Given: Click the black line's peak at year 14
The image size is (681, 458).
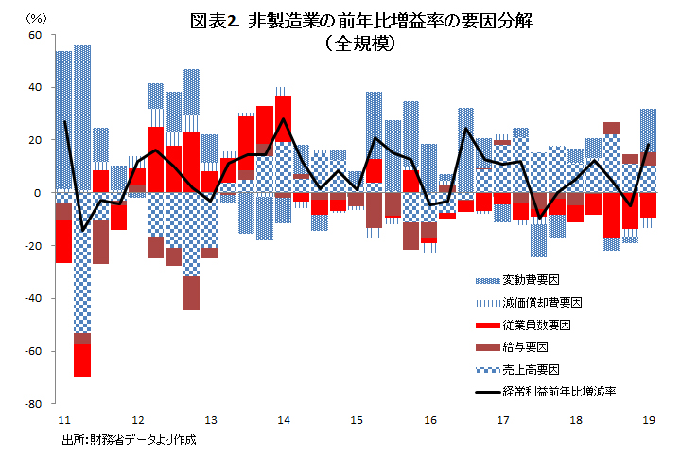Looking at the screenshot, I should (x=283, y=119).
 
